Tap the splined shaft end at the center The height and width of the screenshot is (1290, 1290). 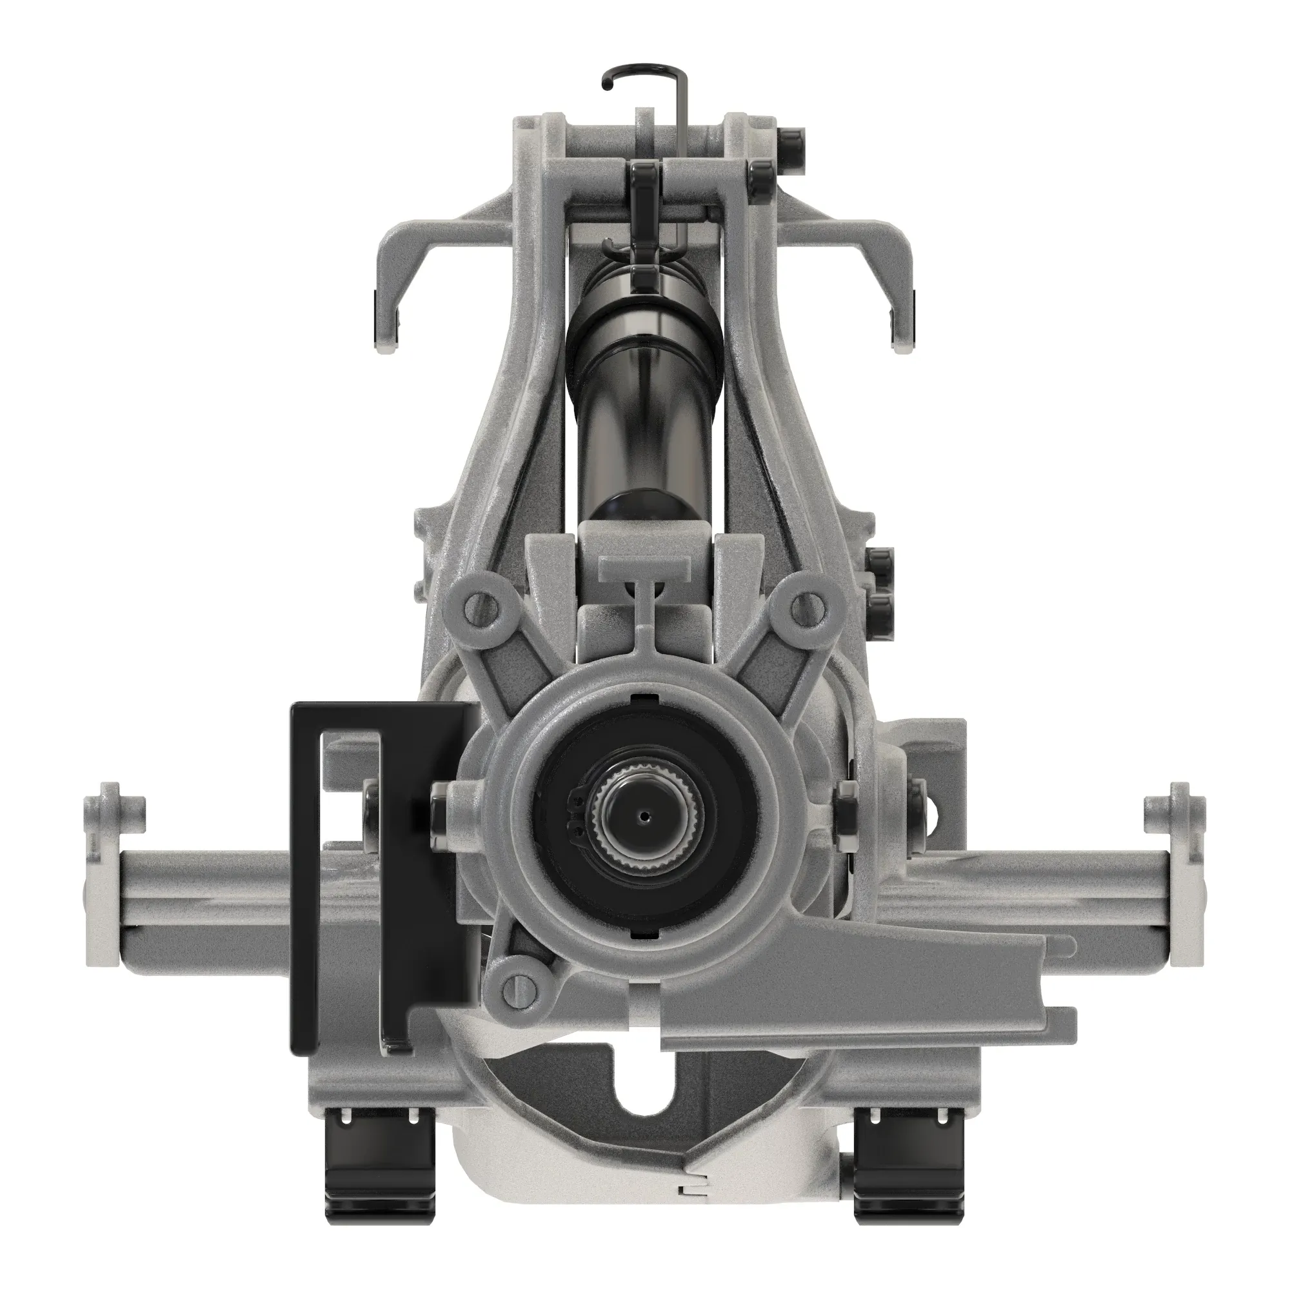pos(644,816)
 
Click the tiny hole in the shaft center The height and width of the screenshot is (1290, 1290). pos(644,815)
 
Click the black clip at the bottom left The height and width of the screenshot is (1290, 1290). pos(378,1175)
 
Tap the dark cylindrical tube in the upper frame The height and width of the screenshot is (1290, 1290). pos(644,401)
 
